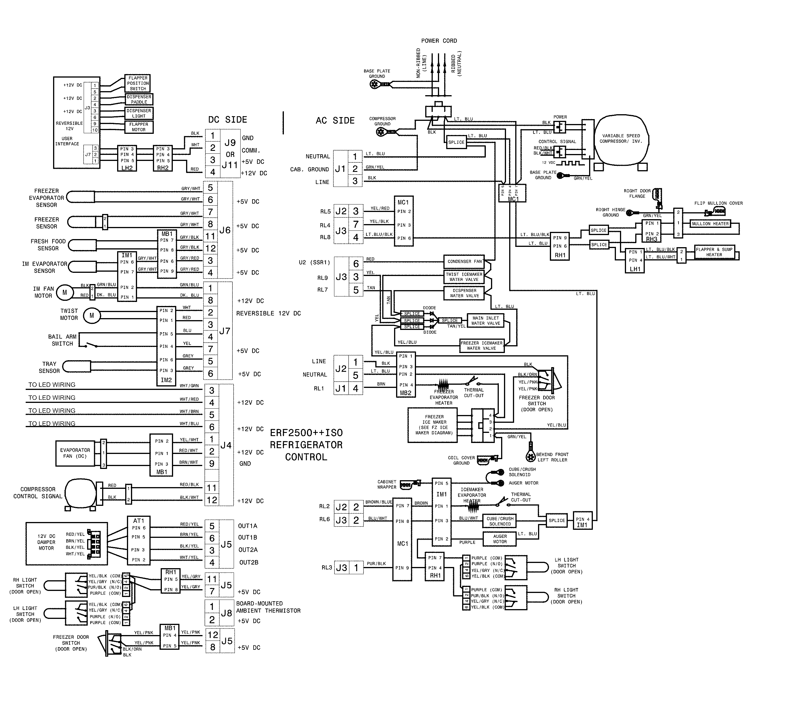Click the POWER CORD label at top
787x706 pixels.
pos(439,41)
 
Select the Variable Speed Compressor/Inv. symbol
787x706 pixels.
pos(621,139)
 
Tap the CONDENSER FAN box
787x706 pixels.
pos(464,262)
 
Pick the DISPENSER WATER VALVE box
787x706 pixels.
pos(464,293)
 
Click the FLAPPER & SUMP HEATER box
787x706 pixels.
pos(714,252)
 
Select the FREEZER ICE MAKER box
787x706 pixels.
pos(434,425)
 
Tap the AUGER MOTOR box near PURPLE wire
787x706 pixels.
pos(500,539)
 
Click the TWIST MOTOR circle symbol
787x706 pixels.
pos(91,316)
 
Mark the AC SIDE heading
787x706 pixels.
pos(335,121)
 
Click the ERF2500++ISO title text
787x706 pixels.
pos(306,433)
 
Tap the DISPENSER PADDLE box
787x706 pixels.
pos(139,99)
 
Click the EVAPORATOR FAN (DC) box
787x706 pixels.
pos(75,453)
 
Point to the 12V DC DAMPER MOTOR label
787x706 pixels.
pos(46,542)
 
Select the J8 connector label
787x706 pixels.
pos(226,613)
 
